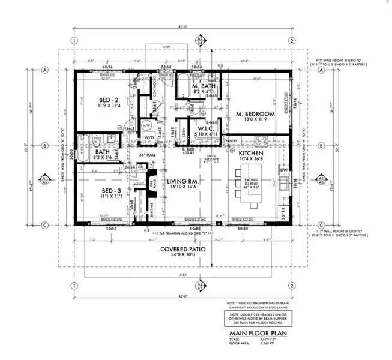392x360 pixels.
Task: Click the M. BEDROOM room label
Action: point(255,113)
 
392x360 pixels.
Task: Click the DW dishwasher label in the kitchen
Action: point(283,170)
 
